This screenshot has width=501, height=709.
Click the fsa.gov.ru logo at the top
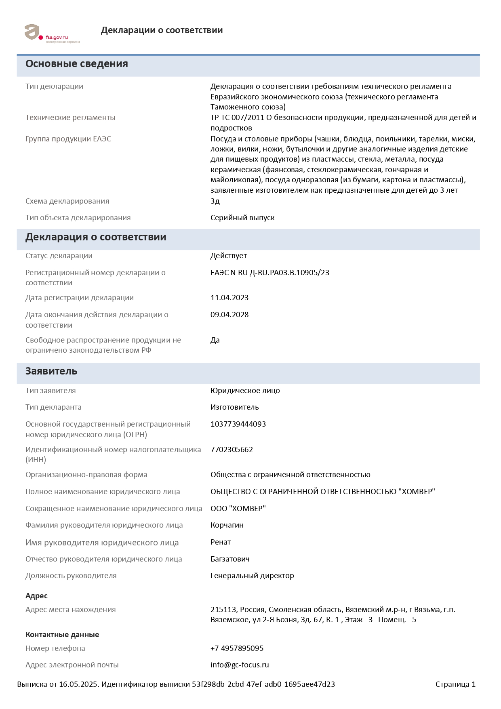pos(52,34)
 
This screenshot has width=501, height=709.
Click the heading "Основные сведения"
pos(77,64)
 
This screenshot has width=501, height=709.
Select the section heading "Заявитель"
pos(51,371)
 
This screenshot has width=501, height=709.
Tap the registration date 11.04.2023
pos(229,298)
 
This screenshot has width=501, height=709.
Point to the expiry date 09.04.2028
pos(229,315)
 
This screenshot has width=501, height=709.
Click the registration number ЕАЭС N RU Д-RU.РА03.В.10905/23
pos(270,273)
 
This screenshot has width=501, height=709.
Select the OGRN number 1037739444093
pos(238,424)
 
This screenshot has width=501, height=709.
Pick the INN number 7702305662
pos(232,450)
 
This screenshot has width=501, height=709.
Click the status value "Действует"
pos(228,256)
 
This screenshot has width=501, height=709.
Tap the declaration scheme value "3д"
pos(215,201)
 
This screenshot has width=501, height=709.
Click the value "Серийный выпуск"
pos(242,218)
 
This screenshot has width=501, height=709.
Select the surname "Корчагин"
pos(227,525)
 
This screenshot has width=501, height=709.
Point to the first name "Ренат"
pos(221,542)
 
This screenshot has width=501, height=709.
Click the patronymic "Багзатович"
pos(230,559)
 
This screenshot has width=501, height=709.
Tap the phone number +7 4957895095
pos(237,648)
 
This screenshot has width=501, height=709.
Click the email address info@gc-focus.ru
pos(240,665)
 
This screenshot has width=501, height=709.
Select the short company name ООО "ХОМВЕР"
pos(238,509)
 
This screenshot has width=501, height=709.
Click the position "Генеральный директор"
pos(252,576)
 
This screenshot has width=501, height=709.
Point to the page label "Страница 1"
pos(455,684)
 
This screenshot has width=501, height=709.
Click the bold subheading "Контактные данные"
pos(62,635)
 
